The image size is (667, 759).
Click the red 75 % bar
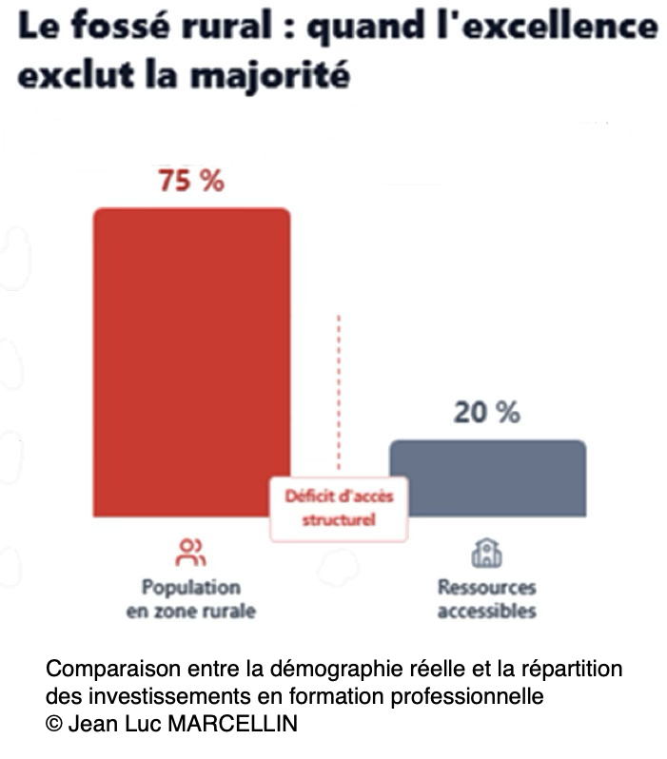pos(190,361)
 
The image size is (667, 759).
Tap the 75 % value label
pos(190,181)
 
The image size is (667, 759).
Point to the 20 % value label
pos(486,413)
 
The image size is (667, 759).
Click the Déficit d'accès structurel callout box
pos(339,508)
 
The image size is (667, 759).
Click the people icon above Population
pos(190,552)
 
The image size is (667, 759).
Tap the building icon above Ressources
pos(486,552)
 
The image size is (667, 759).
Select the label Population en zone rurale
pos(190,598)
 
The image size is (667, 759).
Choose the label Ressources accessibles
pos(486,598)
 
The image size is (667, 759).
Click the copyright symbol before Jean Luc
pos(53,724)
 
